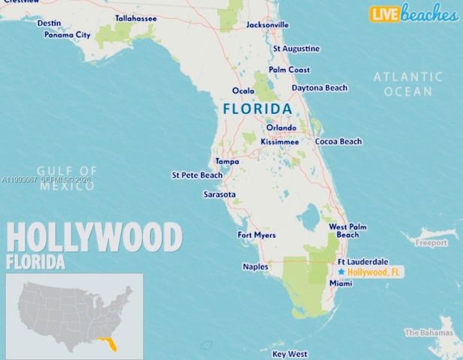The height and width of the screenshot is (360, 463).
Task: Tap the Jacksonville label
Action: [268, 25]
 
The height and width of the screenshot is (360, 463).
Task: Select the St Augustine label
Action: [296, 49]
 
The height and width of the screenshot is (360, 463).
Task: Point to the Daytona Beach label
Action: [320, 88]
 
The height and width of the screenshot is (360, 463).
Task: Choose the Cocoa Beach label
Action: [338, 141]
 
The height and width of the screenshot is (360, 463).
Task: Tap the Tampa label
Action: [227, 161]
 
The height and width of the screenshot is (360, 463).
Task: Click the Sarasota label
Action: [220, 194]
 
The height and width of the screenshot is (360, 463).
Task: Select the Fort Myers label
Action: [257, 235]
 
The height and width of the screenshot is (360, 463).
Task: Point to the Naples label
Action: [255, 266]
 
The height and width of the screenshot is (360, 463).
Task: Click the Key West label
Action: [290, 353]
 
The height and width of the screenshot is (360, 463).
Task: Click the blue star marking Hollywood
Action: [341, 271]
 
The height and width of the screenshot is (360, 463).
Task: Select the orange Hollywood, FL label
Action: [376, 272]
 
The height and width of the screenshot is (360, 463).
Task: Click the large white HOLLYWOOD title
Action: [95, 238]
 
